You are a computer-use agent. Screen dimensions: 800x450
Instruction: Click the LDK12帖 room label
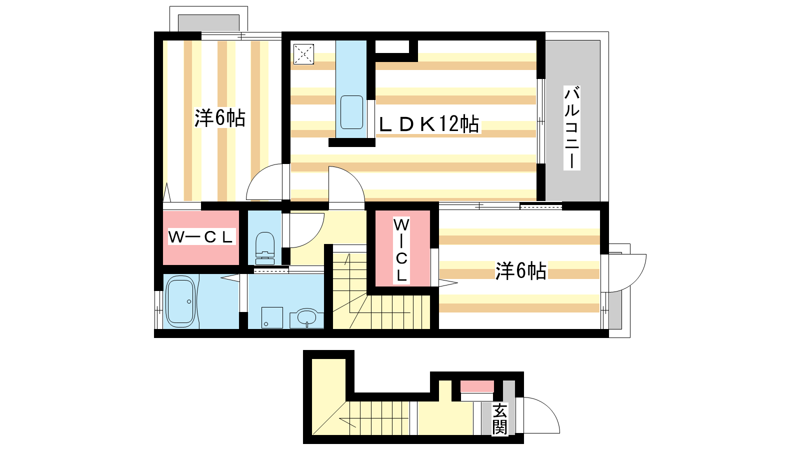(x=429, y=124)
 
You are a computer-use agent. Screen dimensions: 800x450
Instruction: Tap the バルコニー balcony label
(x=572, y=127)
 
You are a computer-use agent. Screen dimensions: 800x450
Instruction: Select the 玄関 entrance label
(x=499, y=419)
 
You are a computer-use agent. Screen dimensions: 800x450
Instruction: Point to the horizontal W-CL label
(x=201, y=237)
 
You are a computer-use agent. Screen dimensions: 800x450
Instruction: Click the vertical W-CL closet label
(x=401, y=250)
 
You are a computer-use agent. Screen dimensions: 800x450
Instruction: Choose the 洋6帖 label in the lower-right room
(x=520, y=270)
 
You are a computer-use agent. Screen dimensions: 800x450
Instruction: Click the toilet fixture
(x=265, y=248)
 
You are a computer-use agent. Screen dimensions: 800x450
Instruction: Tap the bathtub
(x=180, y=302)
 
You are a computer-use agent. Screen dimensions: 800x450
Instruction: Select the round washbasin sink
(x=307, y=317)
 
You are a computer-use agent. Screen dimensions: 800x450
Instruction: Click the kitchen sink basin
(x=352, y=112)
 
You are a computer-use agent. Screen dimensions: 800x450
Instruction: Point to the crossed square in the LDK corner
(x=303, y=54)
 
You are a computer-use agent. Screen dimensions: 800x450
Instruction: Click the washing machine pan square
(x=272, y=317)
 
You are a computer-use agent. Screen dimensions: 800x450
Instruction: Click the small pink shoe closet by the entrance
(x=477, y=386)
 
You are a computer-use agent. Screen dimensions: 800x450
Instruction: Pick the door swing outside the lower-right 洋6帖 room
(x=635, y=278)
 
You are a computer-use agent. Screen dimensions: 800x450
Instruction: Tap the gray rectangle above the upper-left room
(x=208, y=23)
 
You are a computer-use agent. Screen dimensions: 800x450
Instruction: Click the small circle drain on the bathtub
(x=189, y=302)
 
